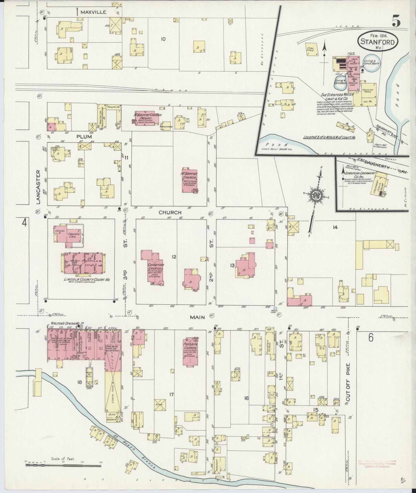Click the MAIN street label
(198, 317)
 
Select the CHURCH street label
(170, 213)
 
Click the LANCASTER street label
(38, 187)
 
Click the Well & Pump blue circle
(275, 308)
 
